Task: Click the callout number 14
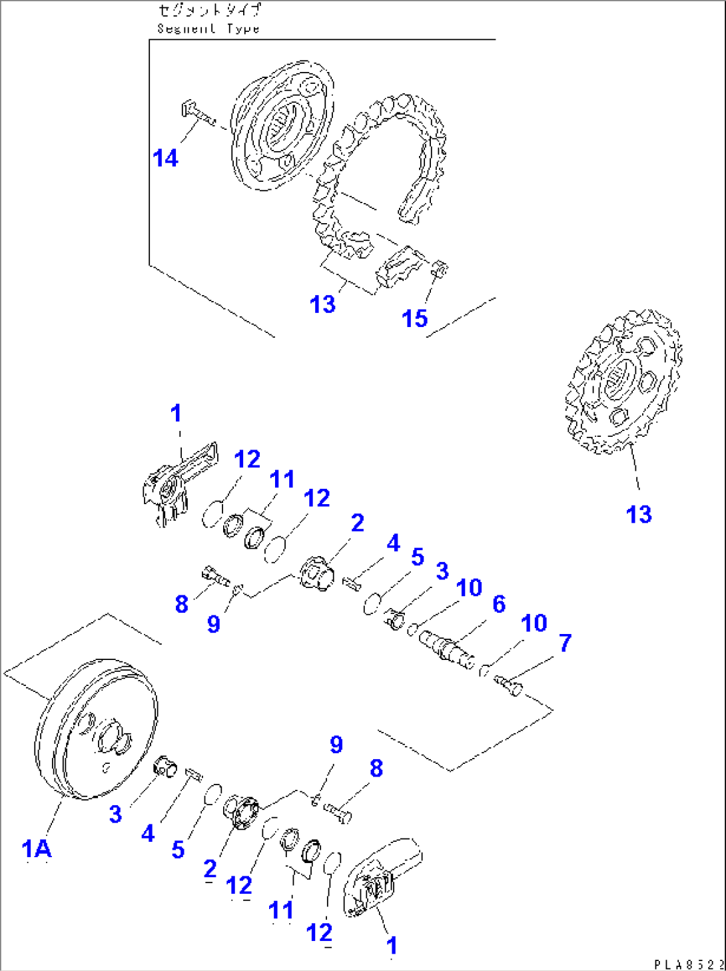(165, 159)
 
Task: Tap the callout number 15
(414, 318)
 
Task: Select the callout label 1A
(37, 848)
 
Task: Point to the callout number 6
(499, 604)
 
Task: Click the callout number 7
(565, 643)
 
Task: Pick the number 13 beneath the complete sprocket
(638, 513)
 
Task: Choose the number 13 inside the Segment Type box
(322, 304)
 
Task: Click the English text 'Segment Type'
(208, 29)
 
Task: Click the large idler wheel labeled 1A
(95, 729)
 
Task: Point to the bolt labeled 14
(196, 113)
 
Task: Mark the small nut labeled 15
(440, 269)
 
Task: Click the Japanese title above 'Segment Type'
(209, 11)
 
